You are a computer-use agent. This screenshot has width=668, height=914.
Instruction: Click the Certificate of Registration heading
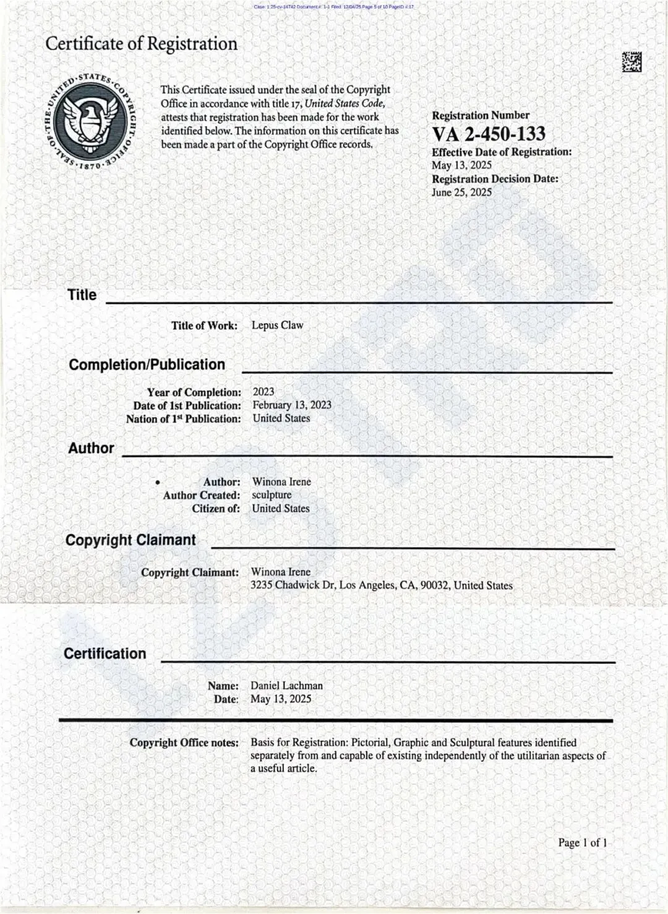(x=141, y=44)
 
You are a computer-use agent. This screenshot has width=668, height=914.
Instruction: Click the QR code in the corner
(x=632, y=62)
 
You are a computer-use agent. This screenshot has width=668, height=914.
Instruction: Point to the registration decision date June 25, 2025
(x=461, y=192)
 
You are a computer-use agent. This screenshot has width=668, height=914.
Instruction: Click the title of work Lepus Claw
(x=277, y=325)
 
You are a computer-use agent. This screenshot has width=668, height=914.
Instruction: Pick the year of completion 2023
(x=263, y=392)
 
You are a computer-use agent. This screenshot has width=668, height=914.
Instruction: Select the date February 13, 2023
(x=292, y=405)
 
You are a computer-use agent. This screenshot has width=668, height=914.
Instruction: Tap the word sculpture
(x=272, y=494)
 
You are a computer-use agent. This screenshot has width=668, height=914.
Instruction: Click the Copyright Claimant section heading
(x=131, y=540)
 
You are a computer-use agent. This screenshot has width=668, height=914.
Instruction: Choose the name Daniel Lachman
(x=286, y=686)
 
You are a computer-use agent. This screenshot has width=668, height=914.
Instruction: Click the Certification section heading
(x=105, y=653)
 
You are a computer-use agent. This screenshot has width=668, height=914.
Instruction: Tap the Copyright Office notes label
(x=184, y=743)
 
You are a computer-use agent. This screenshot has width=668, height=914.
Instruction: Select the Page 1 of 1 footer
(x=582, y=842)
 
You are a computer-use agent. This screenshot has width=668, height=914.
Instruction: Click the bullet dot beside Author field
(x=158, y=482)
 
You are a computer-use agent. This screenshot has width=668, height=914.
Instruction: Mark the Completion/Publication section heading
(x=147, y=364)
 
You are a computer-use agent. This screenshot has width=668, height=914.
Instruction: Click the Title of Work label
(x=204, y=326)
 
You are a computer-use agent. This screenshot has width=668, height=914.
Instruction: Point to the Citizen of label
(x=215, y=509)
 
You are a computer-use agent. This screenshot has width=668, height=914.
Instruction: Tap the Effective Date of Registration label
(x=502, y=152)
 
